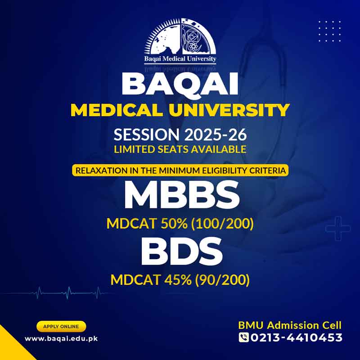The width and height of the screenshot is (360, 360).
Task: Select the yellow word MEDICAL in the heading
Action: [116, 110]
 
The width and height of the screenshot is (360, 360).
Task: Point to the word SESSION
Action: [147, 135]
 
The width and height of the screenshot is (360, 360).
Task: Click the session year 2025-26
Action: [216, 135]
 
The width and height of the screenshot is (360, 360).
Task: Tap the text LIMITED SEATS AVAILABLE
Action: [180, 149]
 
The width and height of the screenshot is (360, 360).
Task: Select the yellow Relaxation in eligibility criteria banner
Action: [180, 171]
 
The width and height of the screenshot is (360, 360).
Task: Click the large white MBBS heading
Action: [182, 195]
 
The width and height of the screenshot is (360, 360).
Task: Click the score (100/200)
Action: [222, 224]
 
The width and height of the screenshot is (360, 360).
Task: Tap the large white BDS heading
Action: [182, 251]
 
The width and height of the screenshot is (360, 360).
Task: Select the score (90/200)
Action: [222, 280]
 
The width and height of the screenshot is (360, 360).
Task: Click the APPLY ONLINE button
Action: [61, 327]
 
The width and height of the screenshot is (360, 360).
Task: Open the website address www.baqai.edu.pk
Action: [61, 339]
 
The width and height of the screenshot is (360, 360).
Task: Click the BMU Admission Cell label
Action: [290, 325]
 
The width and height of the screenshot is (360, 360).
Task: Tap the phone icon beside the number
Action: [243, 337]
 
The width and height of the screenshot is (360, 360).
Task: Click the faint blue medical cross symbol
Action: [338, 229]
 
